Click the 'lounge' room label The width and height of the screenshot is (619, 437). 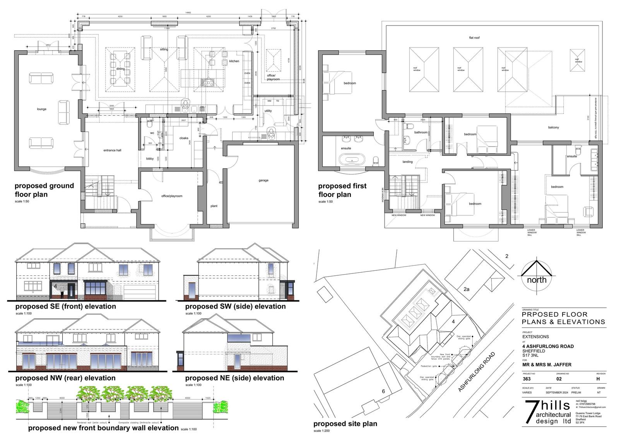(42, 109)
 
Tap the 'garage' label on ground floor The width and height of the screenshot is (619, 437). (263, 180)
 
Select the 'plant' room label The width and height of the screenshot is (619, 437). (214, 206)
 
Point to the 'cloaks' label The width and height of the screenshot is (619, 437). (184, 138)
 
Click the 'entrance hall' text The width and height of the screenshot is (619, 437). (112, 150)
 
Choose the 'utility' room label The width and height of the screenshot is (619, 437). (268, 111)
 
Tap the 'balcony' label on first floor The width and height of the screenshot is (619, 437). (553, 127)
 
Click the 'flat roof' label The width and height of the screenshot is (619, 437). (474, 38)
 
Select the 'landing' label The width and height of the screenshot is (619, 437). (407, 162)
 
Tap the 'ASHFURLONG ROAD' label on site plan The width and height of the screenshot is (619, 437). (477, 372)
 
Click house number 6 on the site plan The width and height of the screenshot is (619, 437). (383, 391)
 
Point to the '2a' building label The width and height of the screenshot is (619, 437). (467, 289)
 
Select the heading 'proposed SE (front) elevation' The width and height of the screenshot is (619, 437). (65, 306)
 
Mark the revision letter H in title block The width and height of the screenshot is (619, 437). (598, 379)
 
